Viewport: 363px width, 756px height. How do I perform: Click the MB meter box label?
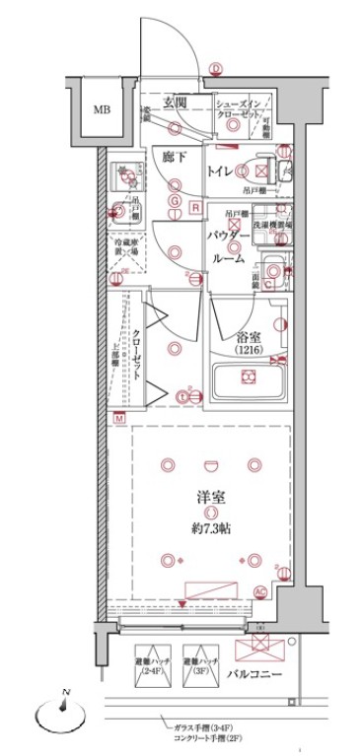click(x=103, y=109)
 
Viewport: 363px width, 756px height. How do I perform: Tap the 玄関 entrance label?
click(x=175, y=103)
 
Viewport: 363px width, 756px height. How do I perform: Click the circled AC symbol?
click(x=260, y=591)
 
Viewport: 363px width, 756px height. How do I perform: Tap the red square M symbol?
click(x=118, y=418)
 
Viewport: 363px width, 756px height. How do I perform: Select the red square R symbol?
click(x=196, y=207)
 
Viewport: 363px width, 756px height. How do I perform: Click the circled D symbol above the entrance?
click(x=216, y=68)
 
